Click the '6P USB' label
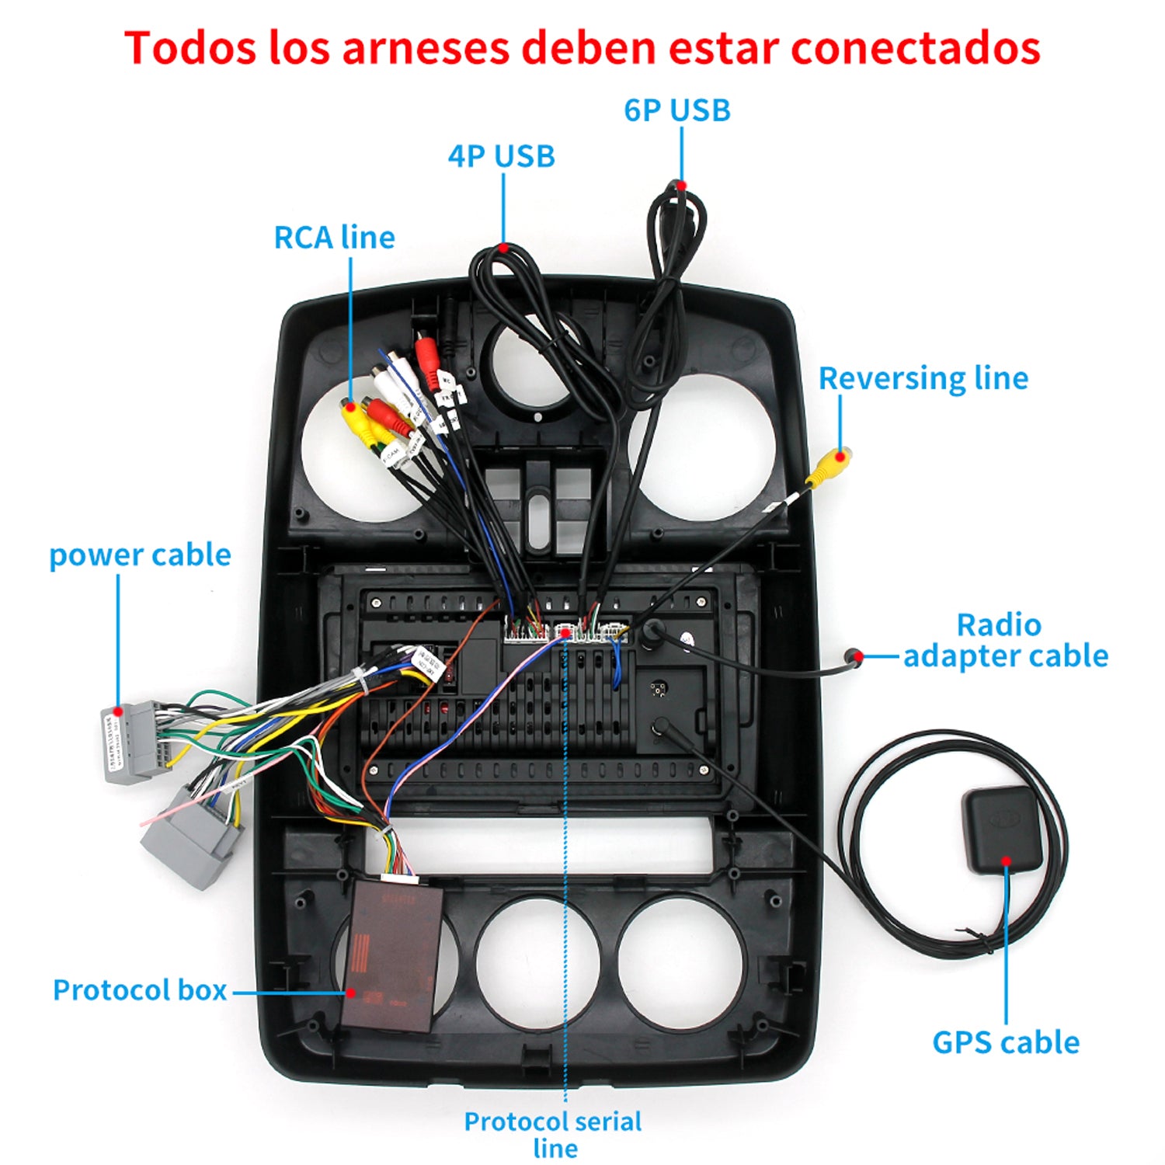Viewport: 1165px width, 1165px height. coord(677,110)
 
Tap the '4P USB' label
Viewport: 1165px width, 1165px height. coord(502,156)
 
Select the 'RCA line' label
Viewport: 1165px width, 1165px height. coord(334,238)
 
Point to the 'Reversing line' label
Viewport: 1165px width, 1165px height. coord(923,378)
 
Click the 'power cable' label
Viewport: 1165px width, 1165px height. coord(140,555)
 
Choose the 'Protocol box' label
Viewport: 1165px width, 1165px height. coord(140,990)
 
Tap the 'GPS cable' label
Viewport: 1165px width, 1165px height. coord(1006,1042)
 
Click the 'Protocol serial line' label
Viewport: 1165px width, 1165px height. coord(553,1134)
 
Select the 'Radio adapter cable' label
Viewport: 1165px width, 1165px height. coord(1005,641)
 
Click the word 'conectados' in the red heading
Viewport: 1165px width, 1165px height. coord(916,47)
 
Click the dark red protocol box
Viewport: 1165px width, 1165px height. coord(392,955)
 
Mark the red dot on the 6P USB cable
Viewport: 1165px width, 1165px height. coord(680,186)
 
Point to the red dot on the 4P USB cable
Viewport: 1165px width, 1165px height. coord(503,249)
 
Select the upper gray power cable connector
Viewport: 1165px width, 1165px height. coord(128,742)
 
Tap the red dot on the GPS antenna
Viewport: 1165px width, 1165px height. coord(1006,861)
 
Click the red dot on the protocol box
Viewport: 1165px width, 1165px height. coord(350,993)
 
